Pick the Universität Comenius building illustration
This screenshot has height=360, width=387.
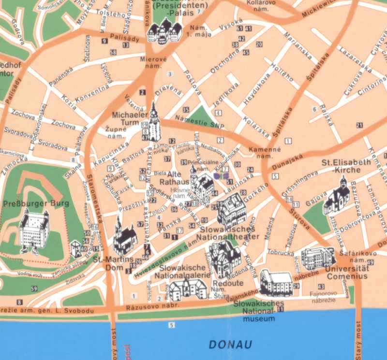[x=317, y=259]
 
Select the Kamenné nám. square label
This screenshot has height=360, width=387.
[x=262, y=153]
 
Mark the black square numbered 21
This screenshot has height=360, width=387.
[x=359, y=125]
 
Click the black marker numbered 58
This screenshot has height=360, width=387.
[x=113, y=52]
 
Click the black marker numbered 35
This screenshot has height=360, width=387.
[x=186, y=110]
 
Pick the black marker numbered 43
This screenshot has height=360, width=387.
[x=321, y=287]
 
